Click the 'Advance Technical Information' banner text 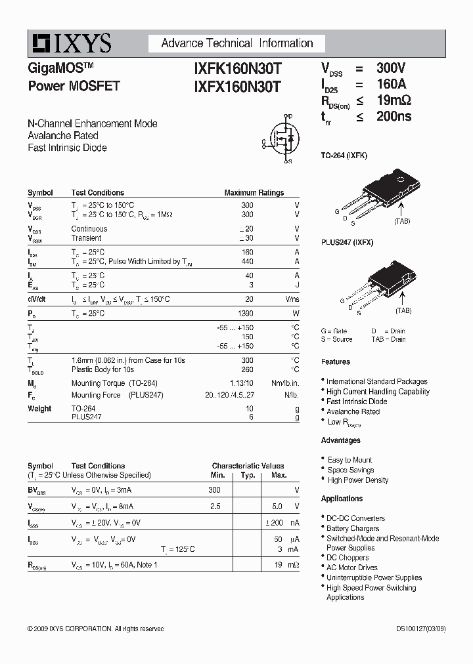[x=237, y=43]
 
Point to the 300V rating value [x=391, y=68]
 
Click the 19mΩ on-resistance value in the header [x=394, y=100]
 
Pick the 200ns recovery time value [x=394, y=117]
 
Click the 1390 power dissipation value [x=245, y=314]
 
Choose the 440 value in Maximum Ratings [x=247, y=261]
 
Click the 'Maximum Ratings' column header [x=254, y=193]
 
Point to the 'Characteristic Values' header [x=248, y=466]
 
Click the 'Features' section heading [x=336, y=362]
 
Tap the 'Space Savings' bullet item [x=351, y=470]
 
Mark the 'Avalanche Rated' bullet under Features [x=353, y=411]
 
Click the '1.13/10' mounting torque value [x=240, y=383]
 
